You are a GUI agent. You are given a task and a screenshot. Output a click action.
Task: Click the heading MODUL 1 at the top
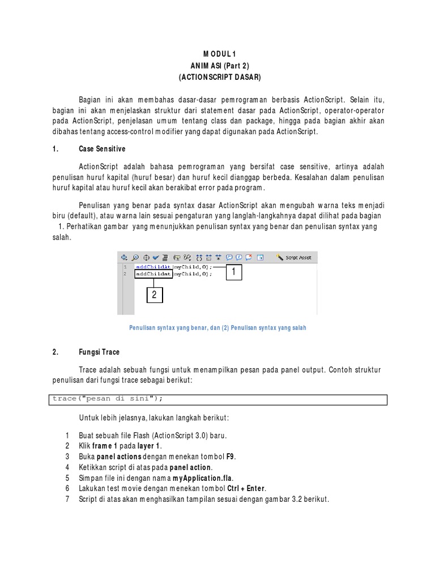pos(217,54)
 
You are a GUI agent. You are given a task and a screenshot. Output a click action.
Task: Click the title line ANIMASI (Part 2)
pos(217,65)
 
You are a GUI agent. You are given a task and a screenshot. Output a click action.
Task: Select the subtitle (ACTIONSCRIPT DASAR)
pos(217,76)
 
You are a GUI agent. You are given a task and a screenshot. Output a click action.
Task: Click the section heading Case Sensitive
pos(102,148)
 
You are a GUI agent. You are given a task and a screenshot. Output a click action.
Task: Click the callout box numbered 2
pos(155,295)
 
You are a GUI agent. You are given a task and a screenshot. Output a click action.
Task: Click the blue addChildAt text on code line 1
pos(153,266)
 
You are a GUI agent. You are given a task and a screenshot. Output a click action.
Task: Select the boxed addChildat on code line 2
pos(153,274)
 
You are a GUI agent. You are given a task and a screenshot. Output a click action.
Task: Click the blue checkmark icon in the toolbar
pos(156,257)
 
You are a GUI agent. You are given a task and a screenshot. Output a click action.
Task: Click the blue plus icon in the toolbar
pos(124,257)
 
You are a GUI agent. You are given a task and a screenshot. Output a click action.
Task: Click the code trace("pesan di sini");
pos(108,399)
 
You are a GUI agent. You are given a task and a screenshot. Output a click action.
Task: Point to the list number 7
pos(67,500)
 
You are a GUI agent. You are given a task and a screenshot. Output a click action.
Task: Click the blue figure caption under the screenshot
pos(217,328)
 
